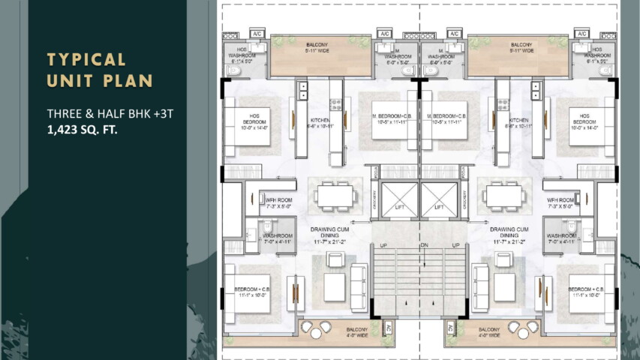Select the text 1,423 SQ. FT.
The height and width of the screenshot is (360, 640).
pos(82,129)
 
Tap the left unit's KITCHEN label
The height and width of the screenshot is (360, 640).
pos(320,120)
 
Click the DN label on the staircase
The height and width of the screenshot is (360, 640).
pos(423,245)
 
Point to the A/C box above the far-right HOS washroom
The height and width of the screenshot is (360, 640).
pos(581,34)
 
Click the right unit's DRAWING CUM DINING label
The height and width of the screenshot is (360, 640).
pos(509,232)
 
